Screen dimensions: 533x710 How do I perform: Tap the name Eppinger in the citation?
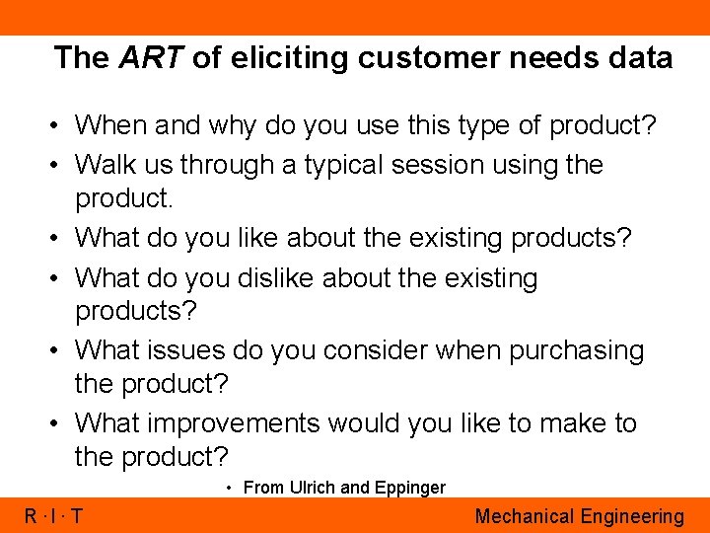[x=408, y=488]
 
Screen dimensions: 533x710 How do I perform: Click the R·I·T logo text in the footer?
[x=53, y=516]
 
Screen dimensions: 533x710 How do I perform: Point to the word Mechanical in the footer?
[x=525, y=516]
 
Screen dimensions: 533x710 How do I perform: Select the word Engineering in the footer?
[x=632, y=516]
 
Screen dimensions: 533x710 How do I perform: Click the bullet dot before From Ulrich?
[x=229, y=488]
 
